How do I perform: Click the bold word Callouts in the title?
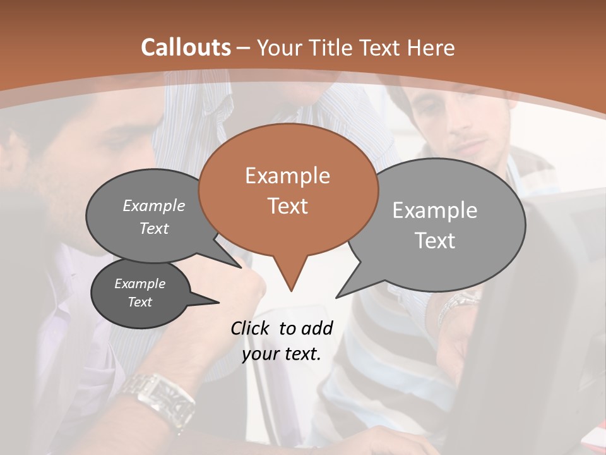point(186,47)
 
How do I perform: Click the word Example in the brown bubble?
point(287,176)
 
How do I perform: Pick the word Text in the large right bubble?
point(435,241)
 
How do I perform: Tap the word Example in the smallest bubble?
point(140,284)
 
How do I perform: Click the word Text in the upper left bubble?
point(154,229)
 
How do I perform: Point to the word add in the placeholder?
point(317,328)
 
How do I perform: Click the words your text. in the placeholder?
point(281,354)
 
